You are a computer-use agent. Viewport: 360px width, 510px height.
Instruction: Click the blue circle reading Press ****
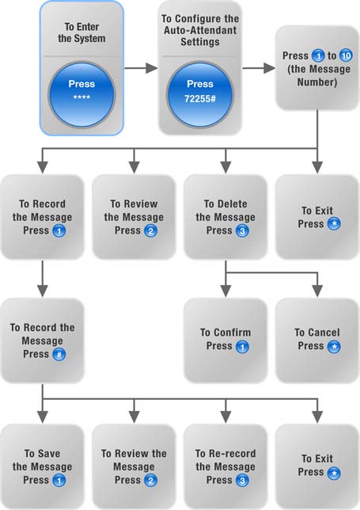(81, 94)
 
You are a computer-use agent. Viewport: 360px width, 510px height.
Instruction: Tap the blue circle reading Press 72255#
(200, 94)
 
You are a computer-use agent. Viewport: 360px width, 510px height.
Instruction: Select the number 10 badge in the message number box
(346, 55)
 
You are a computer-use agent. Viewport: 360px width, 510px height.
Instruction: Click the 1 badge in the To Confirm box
(242, 347)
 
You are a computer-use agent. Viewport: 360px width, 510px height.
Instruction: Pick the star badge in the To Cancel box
(334, 347)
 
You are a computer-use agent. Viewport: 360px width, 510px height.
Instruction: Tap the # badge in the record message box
(59, 355)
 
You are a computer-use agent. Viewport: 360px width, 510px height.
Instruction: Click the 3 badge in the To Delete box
(242, 231)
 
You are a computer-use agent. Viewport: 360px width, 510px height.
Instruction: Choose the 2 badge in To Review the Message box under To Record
(150, 481)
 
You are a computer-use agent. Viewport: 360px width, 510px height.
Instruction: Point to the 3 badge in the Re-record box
(242, 481)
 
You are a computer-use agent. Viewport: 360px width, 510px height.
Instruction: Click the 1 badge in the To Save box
(59, 481)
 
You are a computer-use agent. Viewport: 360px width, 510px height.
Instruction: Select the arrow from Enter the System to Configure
(141, 68)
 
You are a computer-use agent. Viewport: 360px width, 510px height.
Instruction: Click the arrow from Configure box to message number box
(259, 68)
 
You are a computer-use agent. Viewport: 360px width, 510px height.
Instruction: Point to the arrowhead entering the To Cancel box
(317, 291)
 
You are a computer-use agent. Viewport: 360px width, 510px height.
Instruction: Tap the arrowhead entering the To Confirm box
(225, 291)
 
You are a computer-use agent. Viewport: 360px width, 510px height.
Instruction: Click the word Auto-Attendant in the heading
(200, 30)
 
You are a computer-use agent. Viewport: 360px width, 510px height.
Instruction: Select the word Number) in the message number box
(317, 82)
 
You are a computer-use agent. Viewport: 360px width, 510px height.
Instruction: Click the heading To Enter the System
(81, 32)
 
